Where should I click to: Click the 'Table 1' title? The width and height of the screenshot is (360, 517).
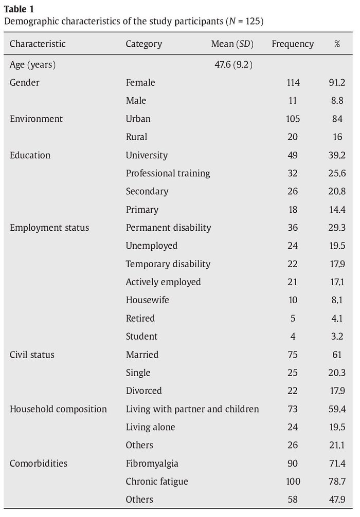tap(19, 9)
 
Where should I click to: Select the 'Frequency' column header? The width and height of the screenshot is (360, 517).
tap(293, 44)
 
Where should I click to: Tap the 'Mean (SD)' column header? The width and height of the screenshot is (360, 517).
tap(232, 44)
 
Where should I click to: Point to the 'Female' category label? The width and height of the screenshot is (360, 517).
tap(140, 82)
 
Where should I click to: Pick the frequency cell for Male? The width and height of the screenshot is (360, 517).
tap(293, 101)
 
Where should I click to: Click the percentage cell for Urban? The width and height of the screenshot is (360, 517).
tap(337, 119)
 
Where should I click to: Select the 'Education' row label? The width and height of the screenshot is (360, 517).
tap(30, 155)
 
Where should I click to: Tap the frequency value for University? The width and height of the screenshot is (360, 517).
tap(293, 155)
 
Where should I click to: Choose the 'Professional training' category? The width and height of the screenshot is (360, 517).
tap(168, 173)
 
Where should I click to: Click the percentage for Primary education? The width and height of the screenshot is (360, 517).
tap(337, 210)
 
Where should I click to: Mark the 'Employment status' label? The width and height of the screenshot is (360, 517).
tap(49, 228)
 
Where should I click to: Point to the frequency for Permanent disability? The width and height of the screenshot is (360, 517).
tap(293, 228)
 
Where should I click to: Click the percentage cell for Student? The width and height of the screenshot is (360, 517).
tap(337, 337)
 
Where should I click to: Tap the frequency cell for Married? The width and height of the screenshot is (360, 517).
tap(293, 355)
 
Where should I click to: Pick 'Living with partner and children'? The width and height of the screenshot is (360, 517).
tap(192, 409)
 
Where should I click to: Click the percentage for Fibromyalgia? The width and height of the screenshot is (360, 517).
tap(337, 464)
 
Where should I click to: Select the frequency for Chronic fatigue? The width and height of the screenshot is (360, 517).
tap(293, 482)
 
